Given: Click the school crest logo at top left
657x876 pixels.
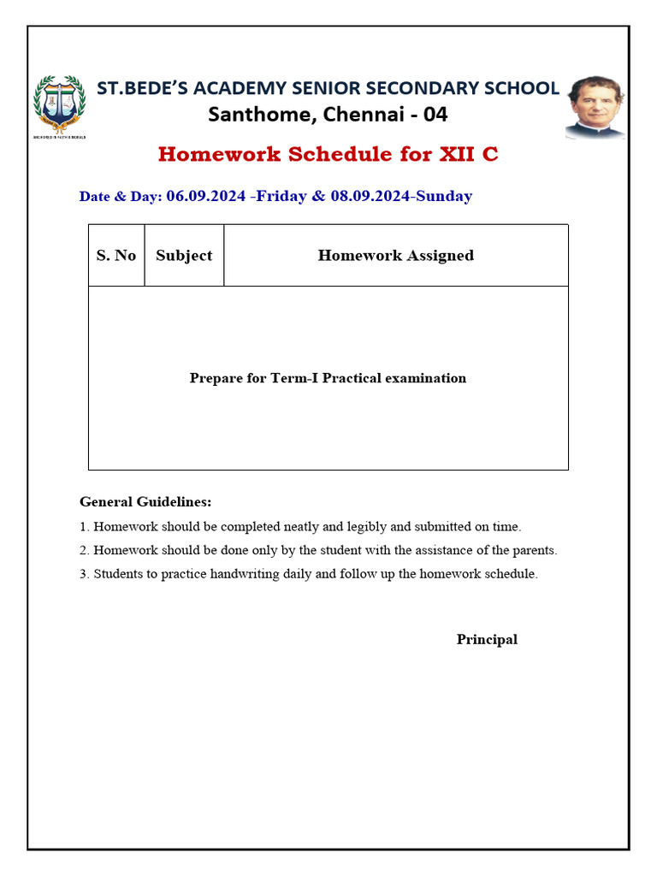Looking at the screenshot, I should (x=59, y=106).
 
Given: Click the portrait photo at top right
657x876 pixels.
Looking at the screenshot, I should (x=595, y=107).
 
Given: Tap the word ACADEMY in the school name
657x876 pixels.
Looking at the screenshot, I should (x=240, y=87).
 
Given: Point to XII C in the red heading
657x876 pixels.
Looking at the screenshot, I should (x=468, y=154).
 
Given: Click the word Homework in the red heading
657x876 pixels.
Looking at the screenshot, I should (x=219, y=154).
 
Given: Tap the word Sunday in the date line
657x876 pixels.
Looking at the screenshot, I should (x=444, y=196).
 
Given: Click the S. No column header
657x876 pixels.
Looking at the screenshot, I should (x=116, y=255).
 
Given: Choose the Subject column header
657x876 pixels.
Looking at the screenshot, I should (x=184, y=255).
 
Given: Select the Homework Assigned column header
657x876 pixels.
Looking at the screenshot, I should (x=395, y=255).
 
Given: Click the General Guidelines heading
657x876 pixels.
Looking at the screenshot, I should (x=145, y=501).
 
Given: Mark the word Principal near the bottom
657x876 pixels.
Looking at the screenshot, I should (x=487, y=639).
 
